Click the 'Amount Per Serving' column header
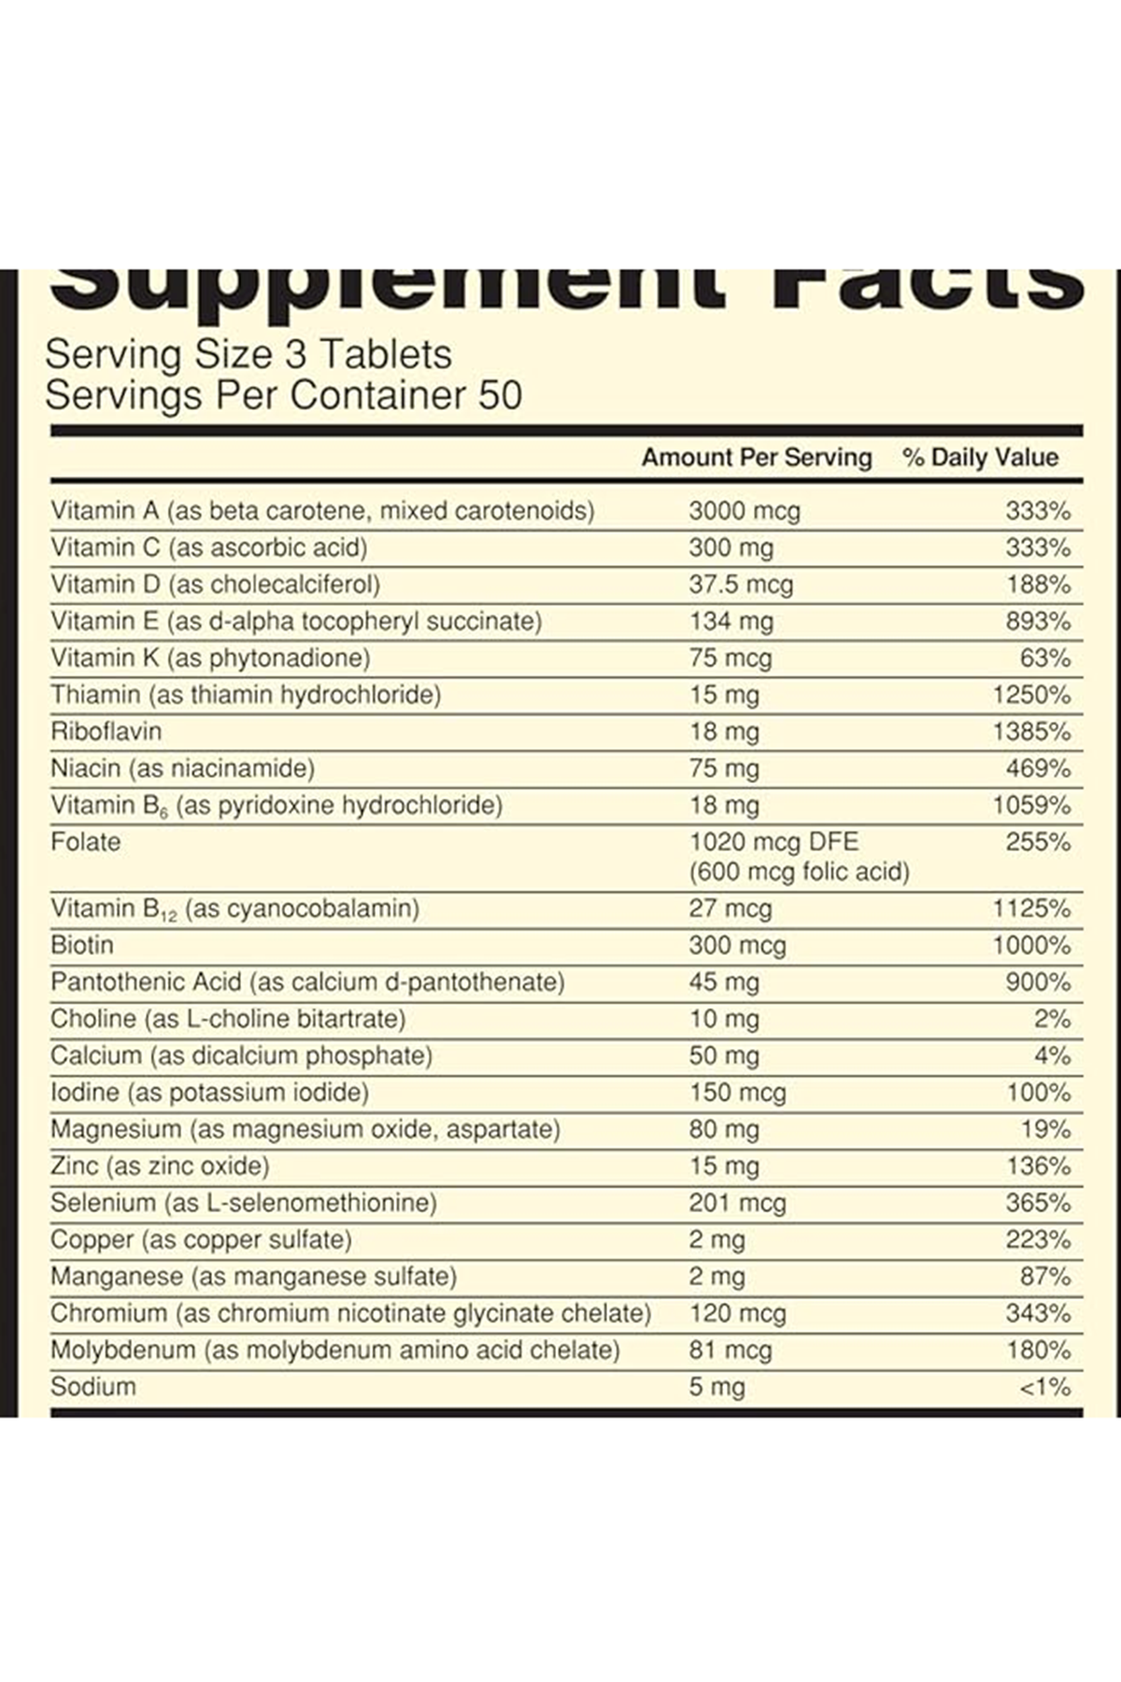click(756, 458)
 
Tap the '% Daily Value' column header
click(980, 458)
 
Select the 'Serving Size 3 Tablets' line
click(248, 354)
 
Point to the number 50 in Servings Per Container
click(501, 395)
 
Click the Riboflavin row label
click(106, 732)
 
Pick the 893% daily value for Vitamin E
click(1038, 621)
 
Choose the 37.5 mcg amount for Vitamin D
click(741, 585)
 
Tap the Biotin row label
click(82, 946)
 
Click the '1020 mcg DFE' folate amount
click(773, 842)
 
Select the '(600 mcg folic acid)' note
click(799, 872)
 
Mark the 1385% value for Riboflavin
click(1031, 732)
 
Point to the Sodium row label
click(93, 1387)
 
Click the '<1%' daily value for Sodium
click(1044, 1388)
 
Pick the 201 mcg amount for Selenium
click(737, 1204)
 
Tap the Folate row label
click(86, 842)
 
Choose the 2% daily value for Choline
click(1052, 1019)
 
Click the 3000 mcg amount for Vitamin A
click(745, 511)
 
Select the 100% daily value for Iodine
click(1039, 1092)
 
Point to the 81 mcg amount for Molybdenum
click(731, 1350)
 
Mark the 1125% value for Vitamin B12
click(1031, 908)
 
